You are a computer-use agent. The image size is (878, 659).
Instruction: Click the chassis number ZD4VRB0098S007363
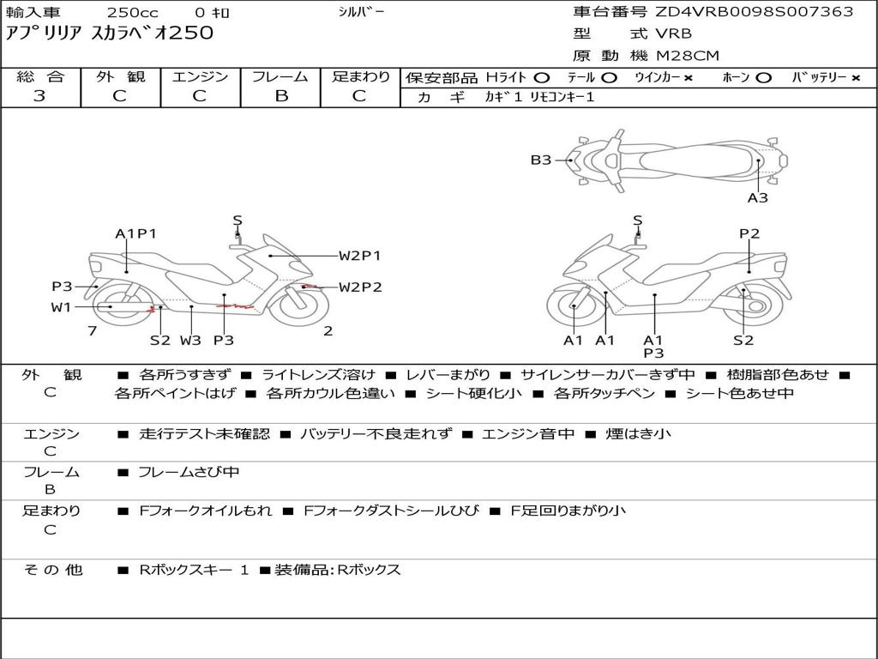(x=755, y=12)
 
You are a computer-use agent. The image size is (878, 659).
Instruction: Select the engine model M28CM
(x=688, y=56)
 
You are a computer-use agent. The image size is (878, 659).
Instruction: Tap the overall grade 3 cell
(x=39, y=96)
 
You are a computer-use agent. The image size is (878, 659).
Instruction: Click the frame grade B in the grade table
(x=281, y=96)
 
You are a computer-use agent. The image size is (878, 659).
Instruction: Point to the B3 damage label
(x=540, y=160)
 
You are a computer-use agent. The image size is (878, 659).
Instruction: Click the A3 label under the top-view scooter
(x=757, y=198)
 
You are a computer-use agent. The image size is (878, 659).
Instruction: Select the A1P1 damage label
(x=136, y=233)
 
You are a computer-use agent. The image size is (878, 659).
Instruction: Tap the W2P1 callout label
(x=359, y=255)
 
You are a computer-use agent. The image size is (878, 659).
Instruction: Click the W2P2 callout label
(x=360, y=287)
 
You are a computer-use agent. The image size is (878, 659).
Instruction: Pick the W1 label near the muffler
(x=61, y=306)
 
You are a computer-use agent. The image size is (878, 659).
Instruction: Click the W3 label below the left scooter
(x=190, y=340)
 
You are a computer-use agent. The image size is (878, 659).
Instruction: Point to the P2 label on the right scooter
(x=749, y=233)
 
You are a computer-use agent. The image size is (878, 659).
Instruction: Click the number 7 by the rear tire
(x=92, y=330)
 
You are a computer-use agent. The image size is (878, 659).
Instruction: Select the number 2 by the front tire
(x=328, y=330)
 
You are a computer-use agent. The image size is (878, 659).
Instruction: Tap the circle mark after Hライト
(x=542, y=77)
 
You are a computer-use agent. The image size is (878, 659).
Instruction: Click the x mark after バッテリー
(x=856, y=77)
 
